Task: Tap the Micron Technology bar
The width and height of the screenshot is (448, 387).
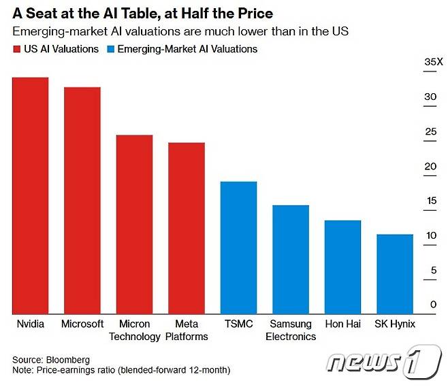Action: coord(134,224)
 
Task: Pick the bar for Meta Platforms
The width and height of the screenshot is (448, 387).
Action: coord(187,228)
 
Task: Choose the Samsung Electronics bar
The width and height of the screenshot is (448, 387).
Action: coord(291,259)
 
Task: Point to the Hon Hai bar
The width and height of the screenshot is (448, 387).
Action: coord(342,267)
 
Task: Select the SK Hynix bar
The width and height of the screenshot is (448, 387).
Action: coord(395,273)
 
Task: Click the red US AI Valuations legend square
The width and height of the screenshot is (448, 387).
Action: coord(16,49)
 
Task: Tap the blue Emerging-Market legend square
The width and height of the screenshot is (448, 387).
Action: coord(110,49)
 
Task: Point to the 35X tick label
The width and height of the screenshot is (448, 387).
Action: coord(433,63)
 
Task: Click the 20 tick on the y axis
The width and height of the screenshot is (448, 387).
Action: coord(430,167)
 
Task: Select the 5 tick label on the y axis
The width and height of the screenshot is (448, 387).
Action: coord(433,271)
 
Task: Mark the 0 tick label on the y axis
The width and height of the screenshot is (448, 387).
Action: coord(433,305)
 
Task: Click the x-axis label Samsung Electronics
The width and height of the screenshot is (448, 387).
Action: coord(291,330)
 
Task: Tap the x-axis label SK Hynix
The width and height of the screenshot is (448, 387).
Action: coord(395,324)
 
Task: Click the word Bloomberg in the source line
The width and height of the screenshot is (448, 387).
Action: coord(67,359)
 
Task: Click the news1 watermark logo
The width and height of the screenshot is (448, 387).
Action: coord(383,361)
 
